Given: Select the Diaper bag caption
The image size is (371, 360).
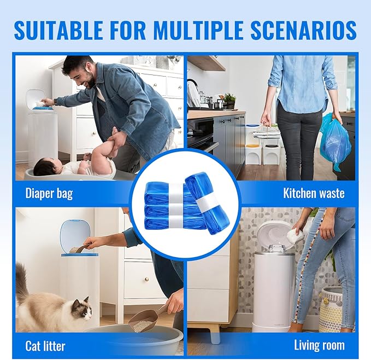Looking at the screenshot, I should (49, 193).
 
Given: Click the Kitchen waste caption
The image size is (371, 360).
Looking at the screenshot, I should (314, 193).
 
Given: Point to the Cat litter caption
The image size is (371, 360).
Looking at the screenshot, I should (45, 346).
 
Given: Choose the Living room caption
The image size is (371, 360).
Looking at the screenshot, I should (319, 345).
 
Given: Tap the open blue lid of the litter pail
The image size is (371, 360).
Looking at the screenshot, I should (72, 235).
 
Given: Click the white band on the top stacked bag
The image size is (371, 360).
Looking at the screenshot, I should (175, 190).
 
